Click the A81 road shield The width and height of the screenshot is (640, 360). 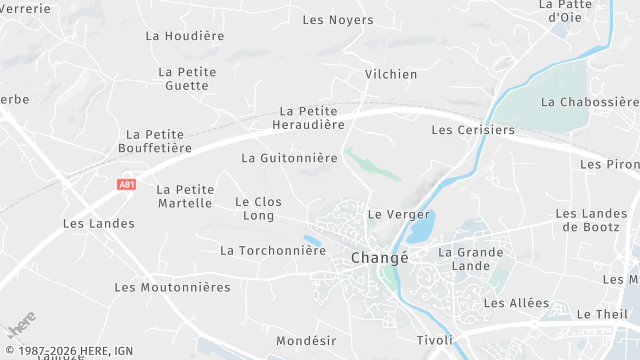point(126,184)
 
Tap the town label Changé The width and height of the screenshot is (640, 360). point(380,258)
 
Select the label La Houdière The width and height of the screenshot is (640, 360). point(185,35)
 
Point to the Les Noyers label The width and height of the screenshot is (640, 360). point(338,20)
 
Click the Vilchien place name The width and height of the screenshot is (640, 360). point(391,74)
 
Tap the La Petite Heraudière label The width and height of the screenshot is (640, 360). point(308,118)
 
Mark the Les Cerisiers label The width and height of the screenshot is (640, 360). point(472,130)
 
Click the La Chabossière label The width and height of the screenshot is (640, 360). point(589,102)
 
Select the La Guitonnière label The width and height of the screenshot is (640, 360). point(290,158)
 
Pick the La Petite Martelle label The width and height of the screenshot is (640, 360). point(185,196)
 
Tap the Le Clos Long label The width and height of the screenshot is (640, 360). point(258,208)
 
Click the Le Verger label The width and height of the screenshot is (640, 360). point(399,214)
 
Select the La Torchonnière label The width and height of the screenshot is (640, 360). point(273,250)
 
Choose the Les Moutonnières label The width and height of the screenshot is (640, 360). point(172,287)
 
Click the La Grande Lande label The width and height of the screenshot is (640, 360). point(471,259)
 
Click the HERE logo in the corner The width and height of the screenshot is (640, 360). point(21,326)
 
